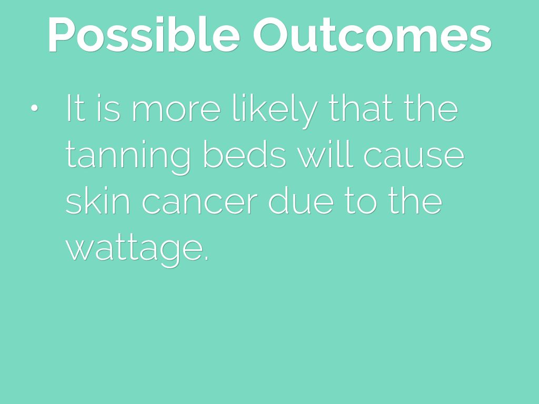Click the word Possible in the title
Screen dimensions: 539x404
tap(144, 34)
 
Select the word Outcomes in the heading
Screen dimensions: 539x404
tap(372, 34)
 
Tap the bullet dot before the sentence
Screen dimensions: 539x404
tap(34, 108)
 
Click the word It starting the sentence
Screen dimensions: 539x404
tap(75, 107)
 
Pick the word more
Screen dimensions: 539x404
tap(176, 110)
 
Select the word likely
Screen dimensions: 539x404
tap(275, 110)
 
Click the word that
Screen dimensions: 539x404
tap(361, 107)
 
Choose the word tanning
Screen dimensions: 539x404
tap(127, 157)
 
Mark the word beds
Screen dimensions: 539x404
tap(244, 154)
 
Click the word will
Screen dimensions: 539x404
tap(325, 154)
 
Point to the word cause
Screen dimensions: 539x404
tap(414, 157)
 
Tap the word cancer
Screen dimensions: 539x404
tap(199, 204)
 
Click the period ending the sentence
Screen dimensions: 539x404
tap(206, 259)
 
